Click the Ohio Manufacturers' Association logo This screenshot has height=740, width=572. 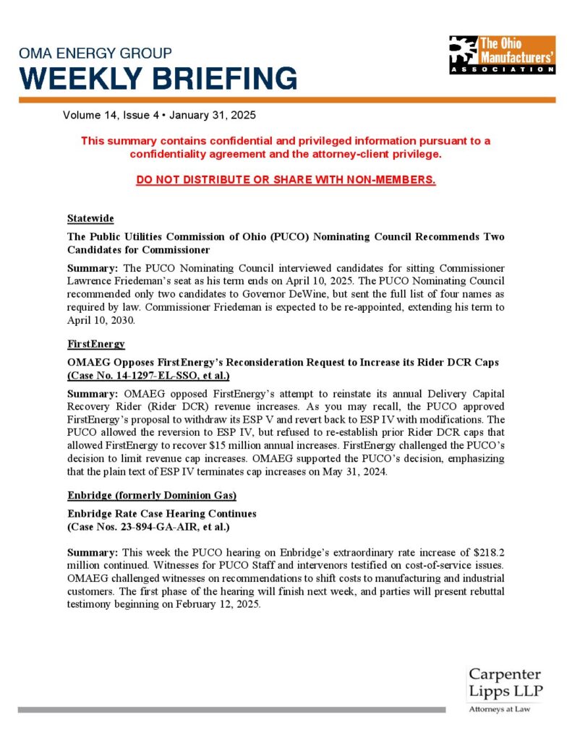[x=501, y=54]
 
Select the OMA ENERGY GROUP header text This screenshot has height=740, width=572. [x=95, y=53]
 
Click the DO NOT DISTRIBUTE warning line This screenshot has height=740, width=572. [x=286, y=179]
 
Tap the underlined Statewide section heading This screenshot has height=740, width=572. [x=90, y=218]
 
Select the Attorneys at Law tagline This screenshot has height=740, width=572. [x=500, y=710]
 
